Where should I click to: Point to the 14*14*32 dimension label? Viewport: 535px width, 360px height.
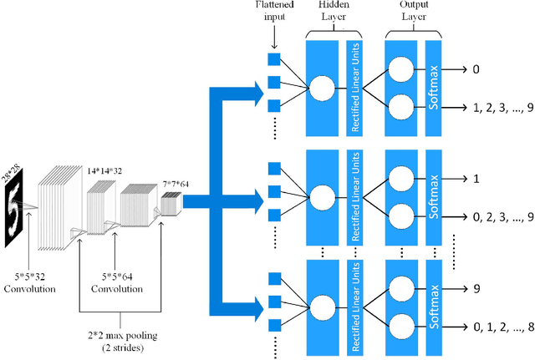pos(104,170)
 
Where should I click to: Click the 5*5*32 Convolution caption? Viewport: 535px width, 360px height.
pos(28,283)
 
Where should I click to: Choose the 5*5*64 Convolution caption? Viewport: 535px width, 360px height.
pos(115,283)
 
